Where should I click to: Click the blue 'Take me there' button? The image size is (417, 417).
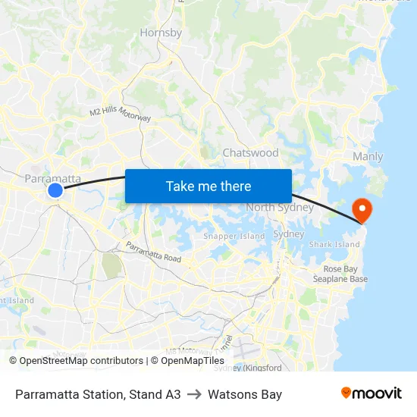click(208, 186)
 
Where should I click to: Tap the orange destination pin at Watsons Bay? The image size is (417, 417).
click(362, 209)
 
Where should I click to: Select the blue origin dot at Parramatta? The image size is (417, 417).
click(55, 190)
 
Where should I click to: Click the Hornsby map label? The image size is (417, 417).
click(161, 33)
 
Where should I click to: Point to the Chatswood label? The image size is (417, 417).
click(250, 152)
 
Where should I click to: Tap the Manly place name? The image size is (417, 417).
click(368, 157)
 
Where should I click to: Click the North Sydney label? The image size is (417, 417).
click(280, 208)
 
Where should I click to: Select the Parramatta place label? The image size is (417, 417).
click(53, 178)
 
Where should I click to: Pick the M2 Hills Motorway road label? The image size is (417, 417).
click(121, 113)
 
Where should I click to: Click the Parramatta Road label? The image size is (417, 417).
click(153, 252)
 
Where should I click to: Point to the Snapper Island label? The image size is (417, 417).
click(234, 237)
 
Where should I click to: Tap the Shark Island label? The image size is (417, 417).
click(334, 245)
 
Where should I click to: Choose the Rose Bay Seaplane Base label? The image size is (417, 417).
click(340, 274)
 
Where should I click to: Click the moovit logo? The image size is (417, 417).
click(371, 393)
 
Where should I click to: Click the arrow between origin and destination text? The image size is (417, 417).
click(194, 394)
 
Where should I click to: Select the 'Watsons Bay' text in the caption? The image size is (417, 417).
click(245, 394)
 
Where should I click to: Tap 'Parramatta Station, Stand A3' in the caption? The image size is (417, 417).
click(98, 394)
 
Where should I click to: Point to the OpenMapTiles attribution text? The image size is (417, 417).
click(190, 361)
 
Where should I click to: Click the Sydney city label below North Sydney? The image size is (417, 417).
click(288, 234)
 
